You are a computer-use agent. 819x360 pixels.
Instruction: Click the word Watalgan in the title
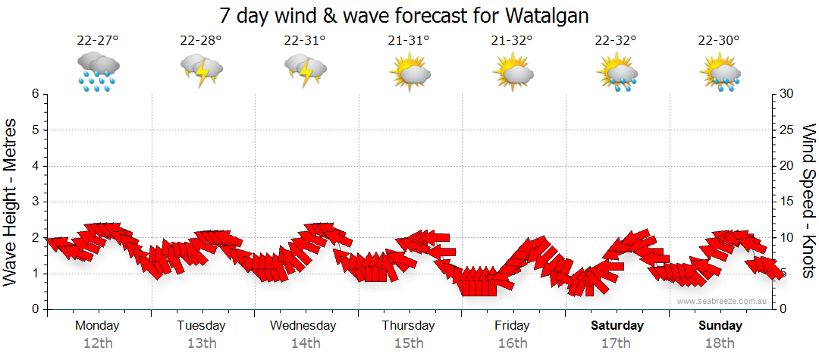pyautogui.click(x=543, y=15)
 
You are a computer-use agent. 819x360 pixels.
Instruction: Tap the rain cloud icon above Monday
pyautogui.click(x=97, y=72)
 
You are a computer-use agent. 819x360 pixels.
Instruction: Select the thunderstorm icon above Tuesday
pyautogui.click(x=201, y=70)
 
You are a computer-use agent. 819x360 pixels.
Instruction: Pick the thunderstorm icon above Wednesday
pyautogui.click(x=305, y=70)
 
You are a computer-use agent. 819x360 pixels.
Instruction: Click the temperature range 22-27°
pyautogui.click(x=97, y=41)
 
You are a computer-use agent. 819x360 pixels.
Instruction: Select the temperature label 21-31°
pyautogui.click(x=408, y=41)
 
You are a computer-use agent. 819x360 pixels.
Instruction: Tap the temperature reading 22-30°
pyautogui.click(x=720, y=41)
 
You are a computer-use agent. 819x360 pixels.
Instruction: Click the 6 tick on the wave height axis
pyautogui.click(x=35, y=94)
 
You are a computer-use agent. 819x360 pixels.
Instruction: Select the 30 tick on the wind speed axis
pyautogui.click(x=787, y=94)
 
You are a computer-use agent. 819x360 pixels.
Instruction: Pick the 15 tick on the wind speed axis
pyautogui.click(x=787, y=202)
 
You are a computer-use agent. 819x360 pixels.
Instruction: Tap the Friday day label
pyautogui.click(x=513, y=326)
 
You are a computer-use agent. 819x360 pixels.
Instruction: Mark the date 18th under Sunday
pyautogui.click(x=720, y=343)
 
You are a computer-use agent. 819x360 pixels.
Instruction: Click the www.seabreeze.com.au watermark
pyautogui.click(x=723, y=302)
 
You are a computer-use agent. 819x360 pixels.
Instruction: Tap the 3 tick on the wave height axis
pyautogui.click(x=35, y=202)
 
